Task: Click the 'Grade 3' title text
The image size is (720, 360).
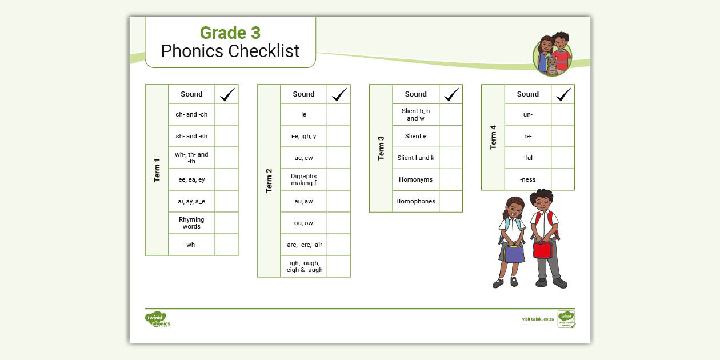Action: pos(230,33)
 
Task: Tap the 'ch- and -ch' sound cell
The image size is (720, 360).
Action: pos(191,114)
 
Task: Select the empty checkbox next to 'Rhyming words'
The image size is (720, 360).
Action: pos(226,223)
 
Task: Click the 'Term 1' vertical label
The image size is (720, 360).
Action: pos(157,170)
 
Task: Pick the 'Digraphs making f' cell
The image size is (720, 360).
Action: pos(303,179)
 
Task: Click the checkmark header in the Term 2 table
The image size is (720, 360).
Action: pos(339,94)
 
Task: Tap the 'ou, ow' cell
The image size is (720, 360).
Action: pos(303,223)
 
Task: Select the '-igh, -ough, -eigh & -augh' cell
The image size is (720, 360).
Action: pos(303,266)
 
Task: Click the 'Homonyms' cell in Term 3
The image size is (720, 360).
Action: pos(415,179)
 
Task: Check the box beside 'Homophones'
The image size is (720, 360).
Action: pos(451,201)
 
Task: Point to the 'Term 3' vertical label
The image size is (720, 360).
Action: pos(381,149)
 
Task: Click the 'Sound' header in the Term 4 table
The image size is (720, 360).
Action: pos(527,94)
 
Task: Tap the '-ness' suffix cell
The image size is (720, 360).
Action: pos(527,179)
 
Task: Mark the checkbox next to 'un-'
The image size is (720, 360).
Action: pos(563,114)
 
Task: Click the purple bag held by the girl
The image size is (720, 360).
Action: pos(514,253)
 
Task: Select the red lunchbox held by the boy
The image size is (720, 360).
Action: pos(542,250)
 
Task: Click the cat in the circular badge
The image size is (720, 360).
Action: pos(552,66)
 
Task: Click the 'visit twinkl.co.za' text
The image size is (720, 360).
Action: pos(538,319)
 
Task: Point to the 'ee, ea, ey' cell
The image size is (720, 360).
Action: pos(191,179)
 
